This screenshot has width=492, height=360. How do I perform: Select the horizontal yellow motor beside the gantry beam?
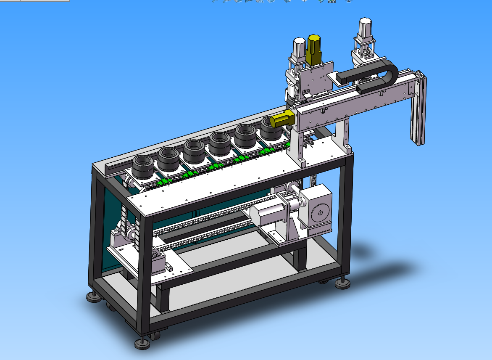tap(282, 119)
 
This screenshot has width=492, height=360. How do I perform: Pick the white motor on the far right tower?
tap(364, 29)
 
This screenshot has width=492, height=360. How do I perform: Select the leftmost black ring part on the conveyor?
tap(144, 168)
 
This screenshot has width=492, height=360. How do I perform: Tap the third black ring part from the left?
tap(194, 151)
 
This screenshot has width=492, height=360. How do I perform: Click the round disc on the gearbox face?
tap(321, 212)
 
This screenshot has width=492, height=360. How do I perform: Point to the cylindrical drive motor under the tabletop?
tap(269, 211)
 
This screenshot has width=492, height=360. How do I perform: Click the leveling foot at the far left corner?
tap(94, 297)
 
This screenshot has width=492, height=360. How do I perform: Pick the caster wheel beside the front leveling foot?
tap(155, 336)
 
